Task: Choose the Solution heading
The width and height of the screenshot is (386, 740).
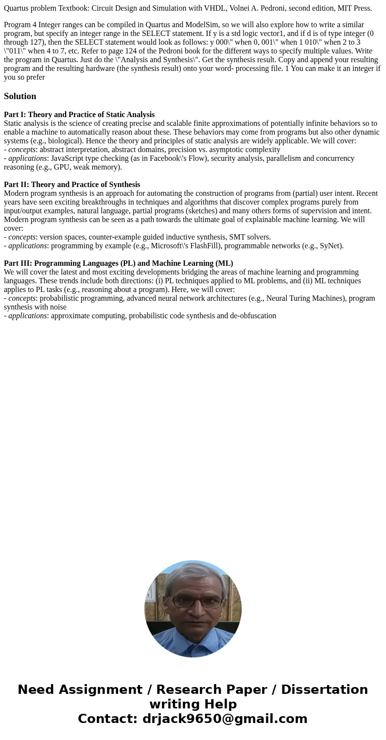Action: click(20, 96)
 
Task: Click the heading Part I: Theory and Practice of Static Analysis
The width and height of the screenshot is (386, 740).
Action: click(79, 115)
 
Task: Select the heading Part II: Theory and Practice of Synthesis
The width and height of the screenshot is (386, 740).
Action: click(72, 185)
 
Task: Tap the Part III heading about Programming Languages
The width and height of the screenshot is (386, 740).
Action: click(119, 263)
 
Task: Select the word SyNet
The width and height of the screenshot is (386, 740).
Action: click(330, 246)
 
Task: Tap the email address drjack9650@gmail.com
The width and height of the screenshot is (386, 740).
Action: click(225, 719)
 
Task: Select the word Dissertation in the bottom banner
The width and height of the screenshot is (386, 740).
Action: click(324, 690)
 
